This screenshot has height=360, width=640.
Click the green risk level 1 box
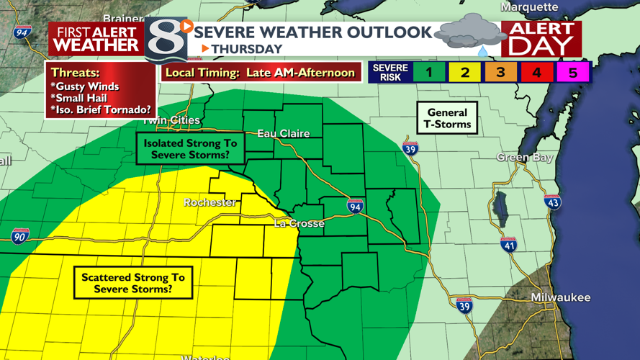[x=428, y=72]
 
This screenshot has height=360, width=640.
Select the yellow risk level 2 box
[x=464, y=72]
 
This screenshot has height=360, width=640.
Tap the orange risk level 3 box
[x=500, y=72]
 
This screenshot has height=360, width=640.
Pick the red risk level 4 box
[x=536, y=72]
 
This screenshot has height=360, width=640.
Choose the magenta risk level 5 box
[x=573, y=72]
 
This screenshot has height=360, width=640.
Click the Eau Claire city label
[x=284, y=133]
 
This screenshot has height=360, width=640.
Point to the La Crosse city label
[x=299, y=224]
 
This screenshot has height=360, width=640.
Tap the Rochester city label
[x=209, y=202]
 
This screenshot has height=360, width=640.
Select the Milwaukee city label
[x=560, y=297]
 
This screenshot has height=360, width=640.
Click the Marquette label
[x=529, y=7]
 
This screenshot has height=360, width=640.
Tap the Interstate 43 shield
[x=552, y=202]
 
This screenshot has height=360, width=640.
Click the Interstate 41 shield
[x=508, y=244]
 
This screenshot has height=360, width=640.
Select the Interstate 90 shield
[x=20, y=235]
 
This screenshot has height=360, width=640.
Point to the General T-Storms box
[x=447, y=118]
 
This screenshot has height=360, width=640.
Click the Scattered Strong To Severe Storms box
[x=132, y=283]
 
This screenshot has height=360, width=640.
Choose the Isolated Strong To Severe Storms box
[x=190, y=149]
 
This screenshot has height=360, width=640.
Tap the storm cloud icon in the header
[x=469, y=33]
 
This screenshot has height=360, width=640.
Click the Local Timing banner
[x=260, y=72]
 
